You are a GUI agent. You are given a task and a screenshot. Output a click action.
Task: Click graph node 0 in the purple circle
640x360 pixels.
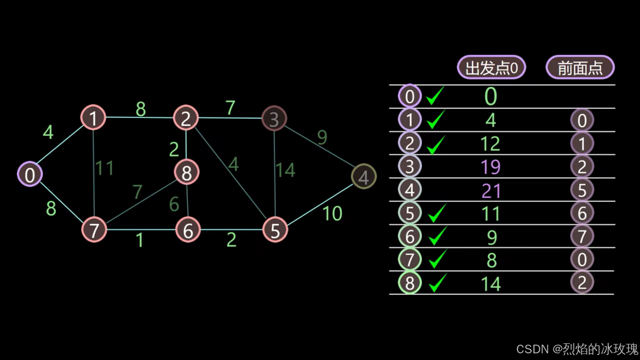[30, 174]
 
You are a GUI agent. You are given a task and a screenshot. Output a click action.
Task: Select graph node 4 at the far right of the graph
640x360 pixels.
[364, 177]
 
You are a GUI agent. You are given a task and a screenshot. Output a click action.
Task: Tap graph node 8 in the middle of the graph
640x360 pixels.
[187, 172]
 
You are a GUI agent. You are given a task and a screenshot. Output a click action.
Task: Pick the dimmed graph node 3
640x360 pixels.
[274, 119]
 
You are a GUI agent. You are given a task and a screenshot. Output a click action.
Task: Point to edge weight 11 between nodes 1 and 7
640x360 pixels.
[105, 168]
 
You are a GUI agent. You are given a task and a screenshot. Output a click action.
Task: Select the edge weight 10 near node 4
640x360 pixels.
[332, 213]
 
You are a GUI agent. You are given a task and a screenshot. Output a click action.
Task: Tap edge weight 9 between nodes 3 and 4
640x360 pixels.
[322, 137]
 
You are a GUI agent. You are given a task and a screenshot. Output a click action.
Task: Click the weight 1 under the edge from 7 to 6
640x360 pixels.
[140, 240]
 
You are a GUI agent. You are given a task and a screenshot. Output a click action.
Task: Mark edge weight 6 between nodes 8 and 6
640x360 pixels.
[174, 204]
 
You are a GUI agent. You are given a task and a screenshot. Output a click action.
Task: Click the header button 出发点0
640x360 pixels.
[491, 68]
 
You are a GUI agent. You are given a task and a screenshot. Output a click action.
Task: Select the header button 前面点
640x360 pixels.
[580, 68]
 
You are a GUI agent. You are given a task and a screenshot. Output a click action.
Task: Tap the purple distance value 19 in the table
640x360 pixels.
[491, 167]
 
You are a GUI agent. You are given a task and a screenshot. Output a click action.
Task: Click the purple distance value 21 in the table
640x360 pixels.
[491, 191]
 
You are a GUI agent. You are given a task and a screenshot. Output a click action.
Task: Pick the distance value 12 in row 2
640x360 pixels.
[490, 144]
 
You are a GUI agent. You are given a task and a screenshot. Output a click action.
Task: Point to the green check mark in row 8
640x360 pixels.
[437, 283]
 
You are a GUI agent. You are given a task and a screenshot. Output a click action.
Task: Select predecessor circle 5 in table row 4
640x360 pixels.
[582, 190]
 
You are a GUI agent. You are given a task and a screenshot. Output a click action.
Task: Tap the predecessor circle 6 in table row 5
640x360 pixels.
[582, 213]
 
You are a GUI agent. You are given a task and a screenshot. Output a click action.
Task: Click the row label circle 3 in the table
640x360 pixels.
[410, 166]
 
